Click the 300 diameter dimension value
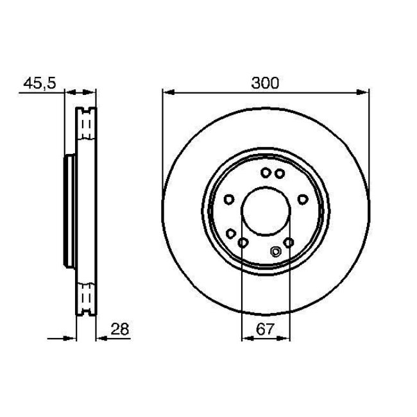(266, 83)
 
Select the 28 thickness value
(120, 329)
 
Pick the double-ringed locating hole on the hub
(277, 251)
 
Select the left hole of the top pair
(265, 172)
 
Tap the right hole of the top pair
(279, 173)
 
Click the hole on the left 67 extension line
(243, 243)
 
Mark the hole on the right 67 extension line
(289, 243)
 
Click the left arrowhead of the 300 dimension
(166, 93)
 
